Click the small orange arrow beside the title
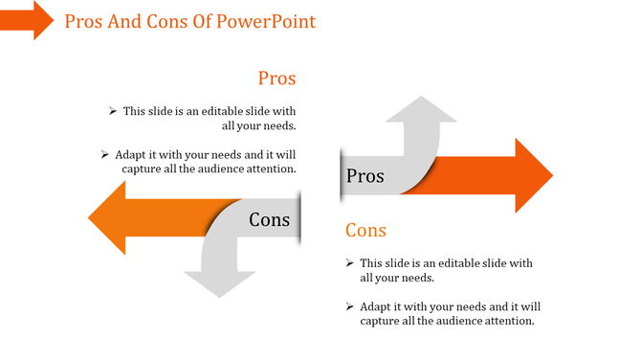[27, 19]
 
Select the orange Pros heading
[276, 79]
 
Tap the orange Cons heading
[365, 230]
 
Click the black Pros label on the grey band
[365, 176]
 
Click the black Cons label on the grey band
[269, 220]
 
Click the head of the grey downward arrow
[219, 282]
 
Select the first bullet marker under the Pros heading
[113, 111]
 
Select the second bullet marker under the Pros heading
[104, 153]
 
